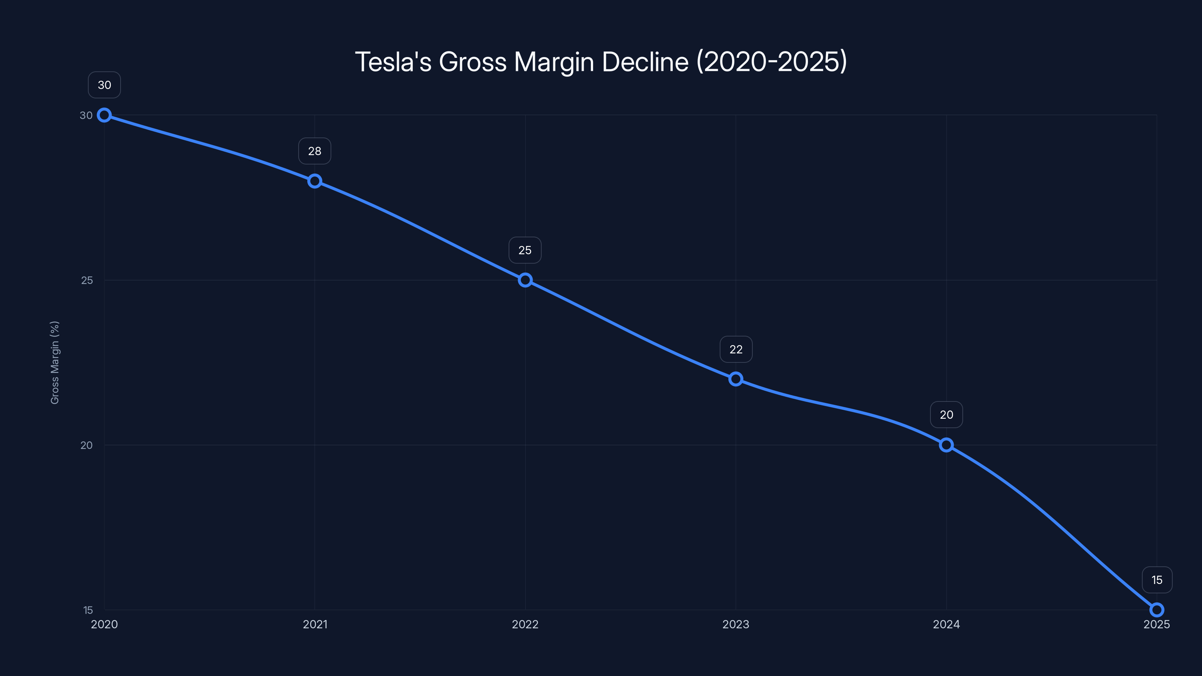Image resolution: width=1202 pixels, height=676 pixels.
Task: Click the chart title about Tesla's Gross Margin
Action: click(x=601, y=62)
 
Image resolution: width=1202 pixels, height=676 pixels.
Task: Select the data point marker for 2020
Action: click(x=104, y=115)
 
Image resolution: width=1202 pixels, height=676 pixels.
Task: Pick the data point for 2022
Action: click(x=525, y=280)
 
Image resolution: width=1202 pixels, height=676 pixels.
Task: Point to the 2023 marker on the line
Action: click(x=735, y=379)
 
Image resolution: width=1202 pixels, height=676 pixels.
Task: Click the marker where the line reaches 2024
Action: click(x=946, y=445)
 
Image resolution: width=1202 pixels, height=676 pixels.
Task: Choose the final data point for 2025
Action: click(x=1156, y=610)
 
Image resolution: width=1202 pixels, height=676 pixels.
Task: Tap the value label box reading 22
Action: click(x=736, y=349)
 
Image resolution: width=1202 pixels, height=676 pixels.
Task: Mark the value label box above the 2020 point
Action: click(x=104, y=85)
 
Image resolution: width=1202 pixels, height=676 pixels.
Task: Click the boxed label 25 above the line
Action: click(x=525, y=250)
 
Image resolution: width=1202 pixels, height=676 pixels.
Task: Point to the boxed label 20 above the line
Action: click(x=946, y=415)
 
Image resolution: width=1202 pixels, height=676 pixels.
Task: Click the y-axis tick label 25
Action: click(x=87, y=281)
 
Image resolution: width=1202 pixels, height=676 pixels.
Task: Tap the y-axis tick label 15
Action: click(x=88, y=610)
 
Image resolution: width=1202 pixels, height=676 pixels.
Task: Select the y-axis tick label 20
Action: click(x=86, y=445)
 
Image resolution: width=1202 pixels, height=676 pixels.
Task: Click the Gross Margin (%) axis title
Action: click(x=54, y=362)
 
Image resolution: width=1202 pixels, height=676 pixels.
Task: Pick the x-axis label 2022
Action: click(x=525, y=625)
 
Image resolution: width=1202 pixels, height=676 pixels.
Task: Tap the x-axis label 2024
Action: click(x=946, y=625)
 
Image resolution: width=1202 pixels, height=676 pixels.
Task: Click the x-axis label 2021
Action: click(x=315, y=625)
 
